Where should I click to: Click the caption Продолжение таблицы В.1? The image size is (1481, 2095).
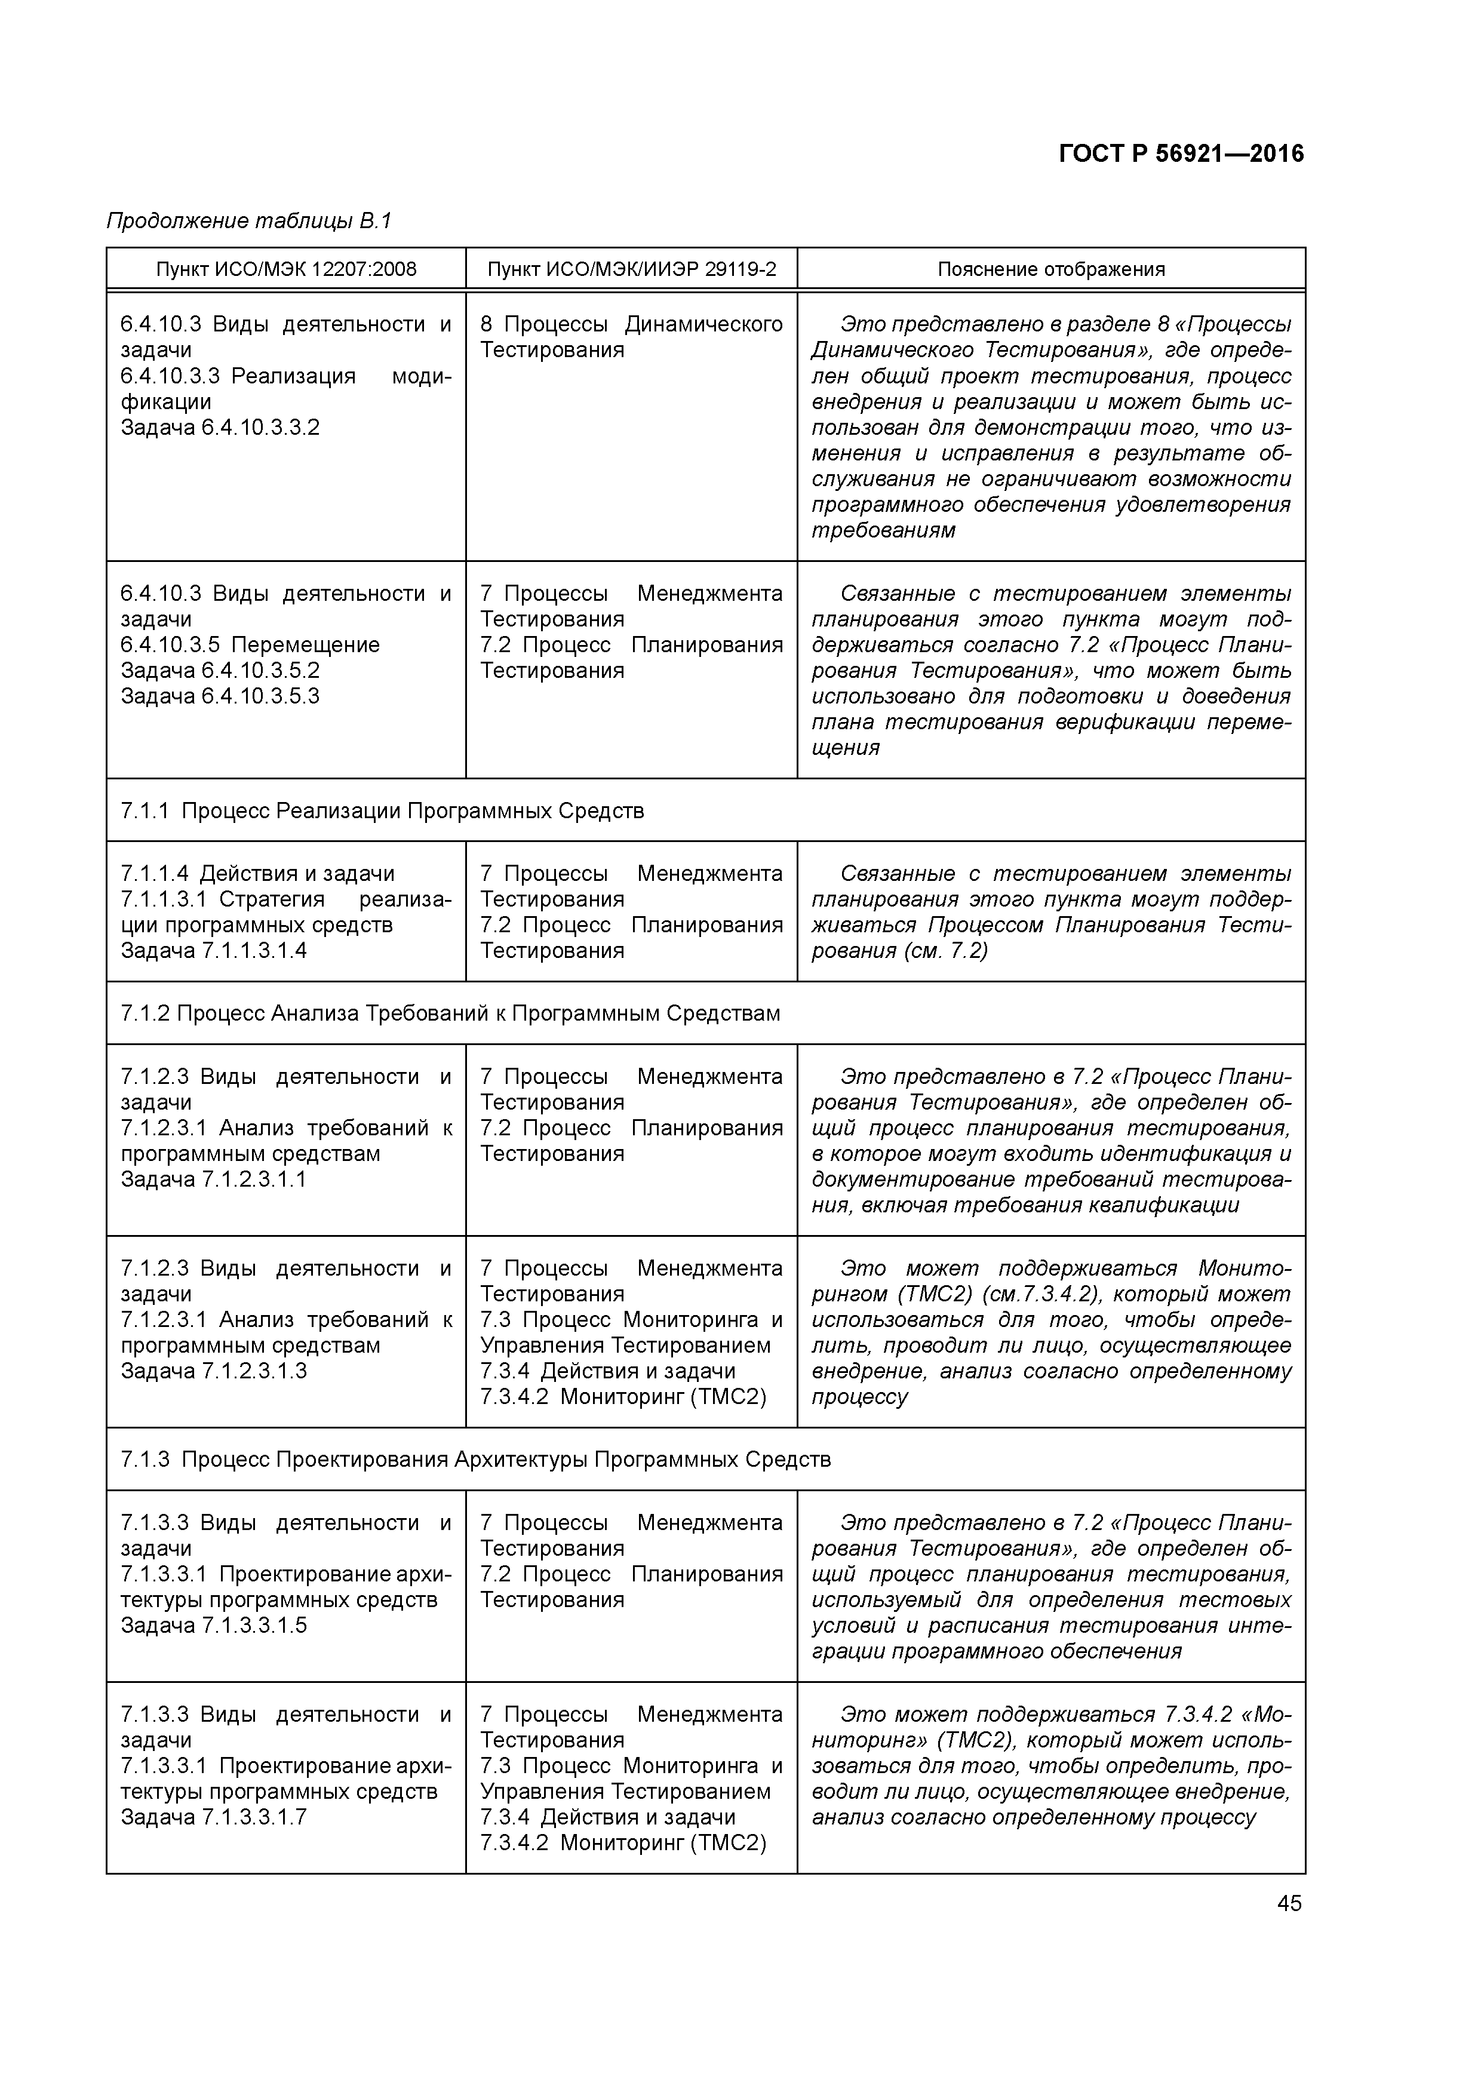[x=248, y=221]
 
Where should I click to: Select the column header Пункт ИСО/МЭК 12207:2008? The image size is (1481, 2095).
[x=285, y=269]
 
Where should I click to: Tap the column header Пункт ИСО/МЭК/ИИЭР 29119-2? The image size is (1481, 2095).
[x=631, y=269]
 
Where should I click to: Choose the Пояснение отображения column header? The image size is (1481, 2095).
[x=1051, y=269]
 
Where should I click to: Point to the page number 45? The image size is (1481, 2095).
[x=1289, y=1903]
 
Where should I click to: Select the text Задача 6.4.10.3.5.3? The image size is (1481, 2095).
[x=220, y=696]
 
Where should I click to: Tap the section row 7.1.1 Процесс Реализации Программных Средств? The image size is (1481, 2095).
[x=382, y=810]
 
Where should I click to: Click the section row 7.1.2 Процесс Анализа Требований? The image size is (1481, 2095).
[x=450, y=1013]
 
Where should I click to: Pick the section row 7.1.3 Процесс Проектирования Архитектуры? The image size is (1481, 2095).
[x=475, y=1459]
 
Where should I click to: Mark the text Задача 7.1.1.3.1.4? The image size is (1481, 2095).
[x=214, y=951]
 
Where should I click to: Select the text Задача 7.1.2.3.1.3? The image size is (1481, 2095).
[x=214, y=1371]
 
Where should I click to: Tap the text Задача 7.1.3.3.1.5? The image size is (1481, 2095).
[x=214, y=1625]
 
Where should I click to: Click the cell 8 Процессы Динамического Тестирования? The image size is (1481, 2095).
[x=631, y=337]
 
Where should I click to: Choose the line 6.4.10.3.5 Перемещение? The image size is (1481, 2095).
[x=250, y=645]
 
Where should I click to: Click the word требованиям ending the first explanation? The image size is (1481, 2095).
[x=883, y=530]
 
